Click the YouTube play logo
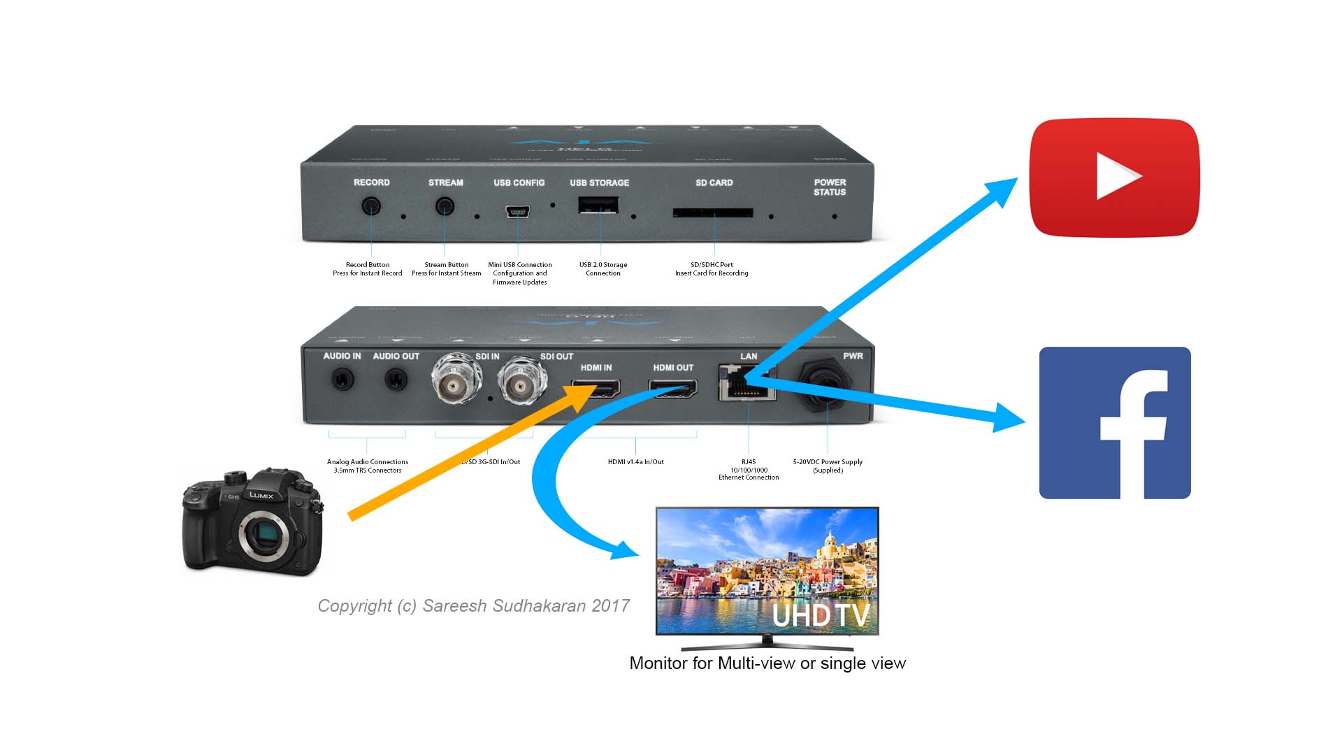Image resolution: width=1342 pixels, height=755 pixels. pos(1114,178)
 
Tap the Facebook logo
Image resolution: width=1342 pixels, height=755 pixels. pos(1115,423)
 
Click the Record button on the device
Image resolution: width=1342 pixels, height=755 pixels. pos(371,206)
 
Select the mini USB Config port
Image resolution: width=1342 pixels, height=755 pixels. pos(518,211)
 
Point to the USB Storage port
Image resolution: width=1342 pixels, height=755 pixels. pos(598,205)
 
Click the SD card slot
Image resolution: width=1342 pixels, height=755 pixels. pos(713,213)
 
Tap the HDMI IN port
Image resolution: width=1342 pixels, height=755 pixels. pos(596,389)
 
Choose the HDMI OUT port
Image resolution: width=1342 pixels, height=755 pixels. pos(672,389)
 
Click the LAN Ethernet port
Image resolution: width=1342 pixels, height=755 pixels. pos(747,384)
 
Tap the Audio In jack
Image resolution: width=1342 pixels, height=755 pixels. pos(342,380)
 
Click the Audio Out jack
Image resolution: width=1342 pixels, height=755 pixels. pos(396,380)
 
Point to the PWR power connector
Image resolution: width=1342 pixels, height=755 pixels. pos(828,381)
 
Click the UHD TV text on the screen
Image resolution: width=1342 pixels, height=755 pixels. pos(821,616)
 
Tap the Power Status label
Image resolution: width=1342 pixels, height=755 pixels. pos(830,187)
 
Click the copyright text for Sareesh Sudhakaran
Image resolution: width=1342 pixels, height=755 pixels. pos(473,606)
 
